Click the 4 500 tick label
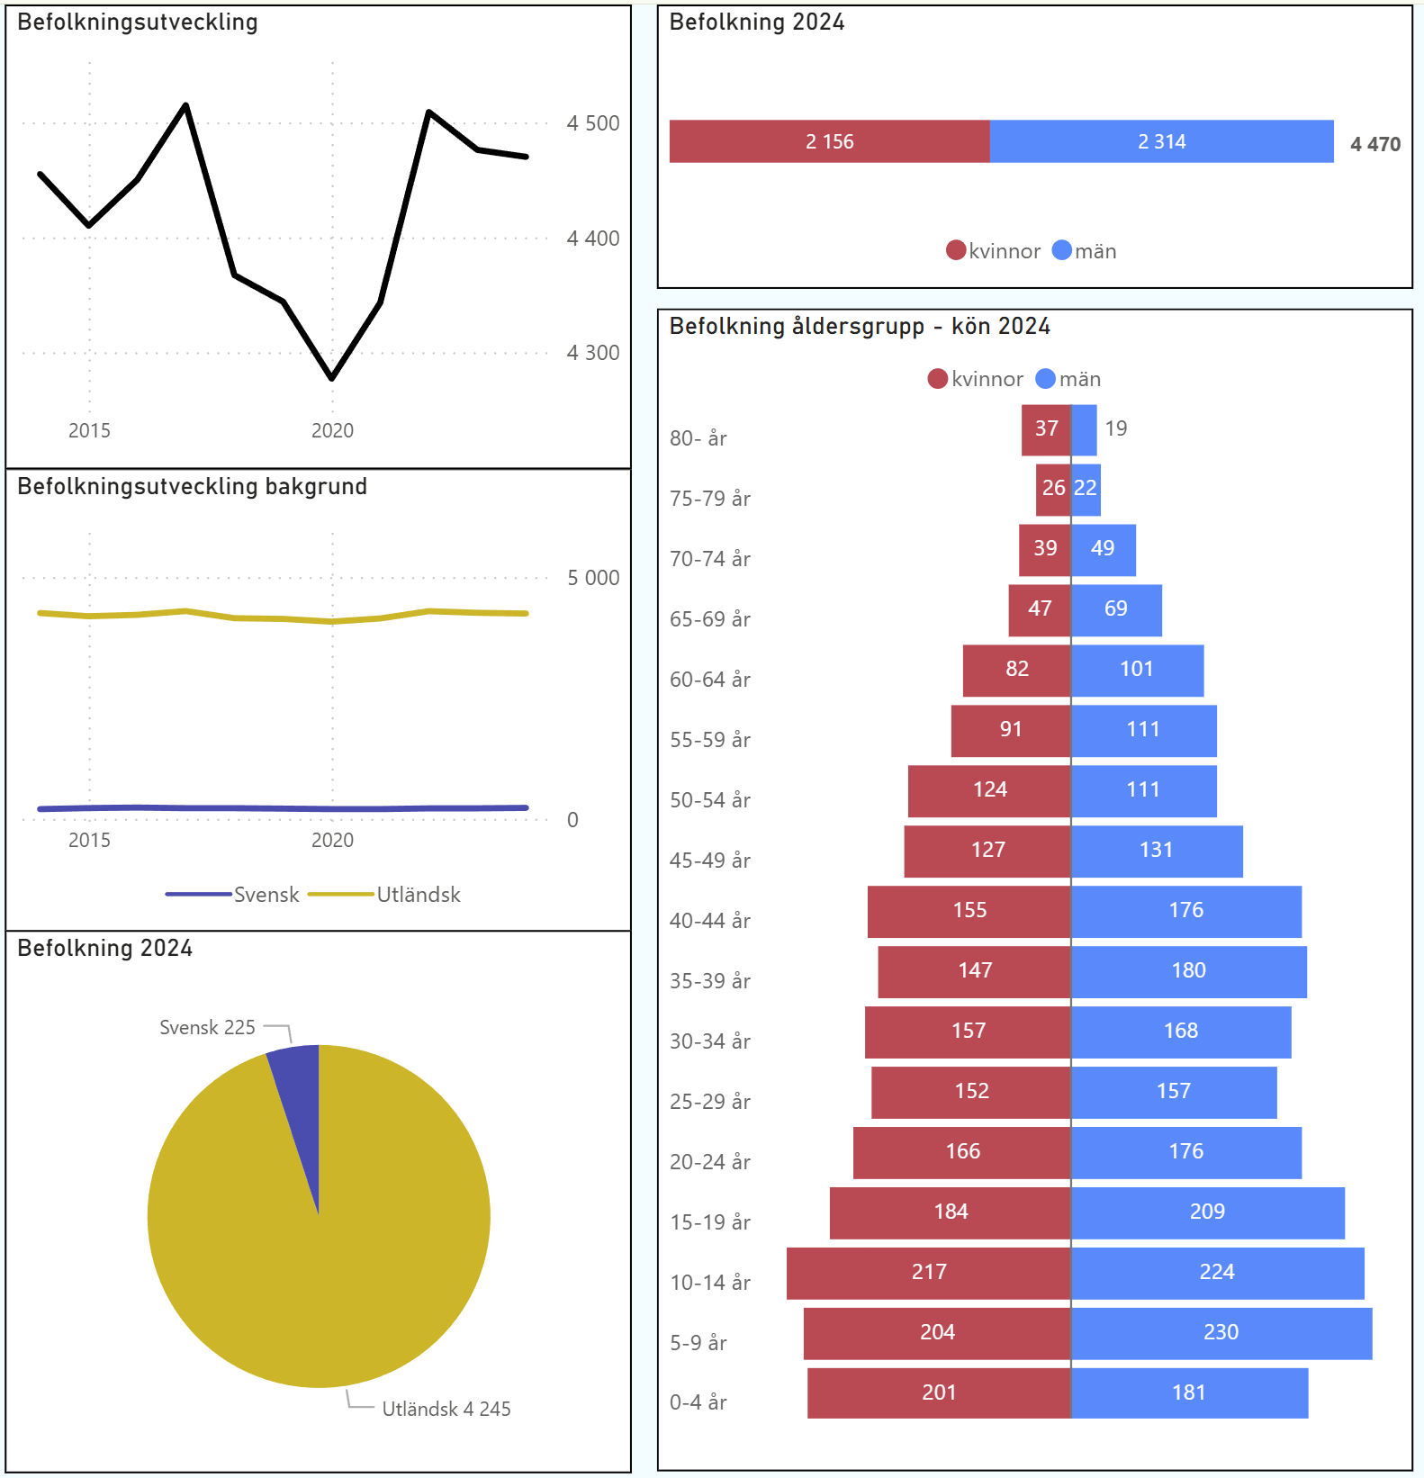point(592,123)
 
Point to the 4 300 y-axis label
point(592,353)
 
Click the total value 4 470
point(1374,144)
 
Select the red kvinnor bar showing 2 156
point(829,141)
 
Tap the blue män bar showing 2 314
point(1161,141)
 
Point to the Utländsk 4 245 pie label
point(446,1409)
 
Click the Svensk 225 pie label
point(207,1027)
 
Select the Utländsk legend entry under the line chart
point(418,895)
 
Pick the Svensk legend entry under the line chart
point(266,895)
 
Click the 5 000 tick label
point(592,578)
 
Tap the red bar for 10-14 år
point(928,1273)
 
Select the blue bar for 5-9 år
point(1221,1333)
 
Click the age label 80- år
point(698,438)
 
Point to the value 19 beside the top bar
point(1115,428)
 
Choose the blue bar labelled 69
point(1116,609)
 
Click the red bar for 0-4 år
point(938,1392)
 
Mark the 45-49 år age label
point(709,861)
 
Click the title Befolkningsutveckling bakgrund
point(192,487)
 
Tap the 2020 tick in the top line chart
point(332,430)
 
